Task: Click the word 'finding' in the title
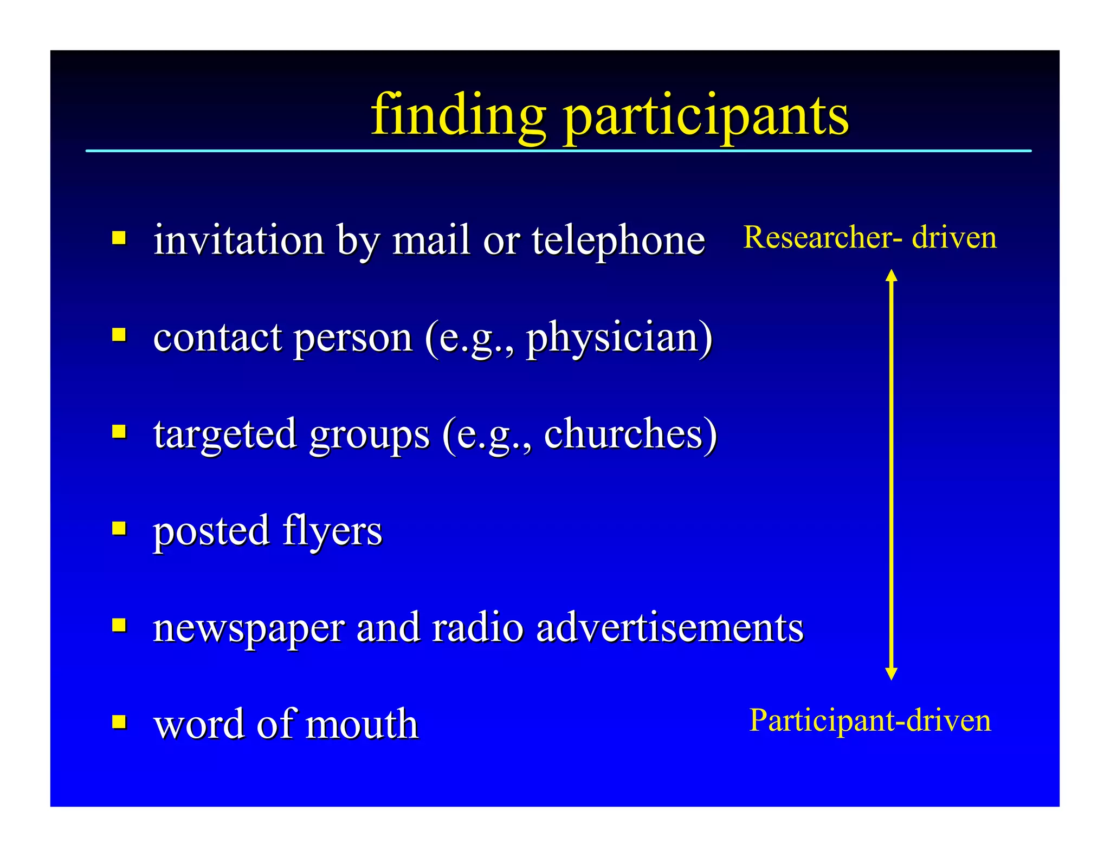pyautogui.click(x=458, y=115)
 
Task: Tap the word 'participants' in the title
pyautogui.click(x=706, y=116)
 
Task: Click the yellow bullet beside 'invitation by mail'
pyautogui.click(x=119, y=238)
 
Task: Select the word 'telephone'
pyautogui.click(x=618, y=239)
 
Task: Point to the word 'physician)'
pyautogui.click(x=619, y=339)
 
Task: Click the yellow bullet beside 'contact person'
pyautogui.click(x=119, y=335)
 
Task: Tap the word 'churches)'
pyautogui.click(x=630, y=434)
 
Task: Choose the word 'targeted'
pyautogui.click(x=225, y=434)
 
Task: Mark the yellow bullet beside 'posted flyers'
pyautogui.click(x=119, y=528)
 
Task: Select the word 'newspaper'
pyautogui.click(x=249, y=628)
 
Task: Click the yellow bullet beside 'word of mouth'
pyautogui.click(x=119, y=722)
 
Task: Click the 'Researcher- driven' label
pyautogui.click(x=869, y=237)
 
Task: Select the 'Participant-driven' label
pyautogui.click(x=869, y=720)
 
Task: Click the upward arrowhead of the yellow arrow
pyautogui.click(x=891, y=275)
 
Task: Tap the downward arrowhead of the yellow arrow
pyautogui.click(x=891, y=673)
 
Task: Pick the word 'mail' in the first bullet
pyautogui.click(x=430, y=239)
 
